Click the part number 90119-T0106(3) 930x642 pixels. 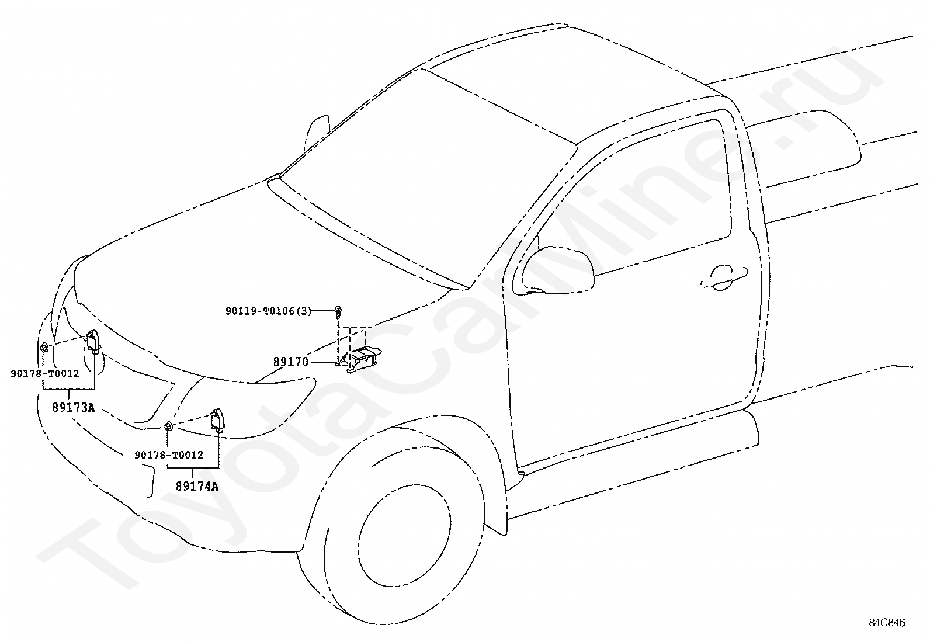pos(269,311)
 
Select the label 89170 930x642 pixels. pos(290,362)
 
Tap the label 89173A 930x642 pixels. pos(73,408)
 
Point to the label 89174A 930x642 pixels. pos(197,486)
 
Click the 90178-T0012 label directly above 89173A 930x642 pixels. pos(44,373)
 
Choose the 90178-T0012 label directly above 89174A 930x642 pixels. pos(169,454)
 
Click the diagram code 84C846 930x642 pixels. pos(886,623)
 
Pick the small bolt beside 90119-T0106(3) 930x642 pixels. pos(339,310)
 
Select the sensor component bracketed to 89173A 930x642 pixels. pos(94,342)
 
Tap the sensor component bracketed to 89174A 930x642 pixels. pos(218,420)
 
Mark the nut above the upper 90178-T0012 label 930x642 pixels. pos(44,348)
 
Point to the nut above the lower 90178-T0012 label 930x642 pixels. pos(168,426)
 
